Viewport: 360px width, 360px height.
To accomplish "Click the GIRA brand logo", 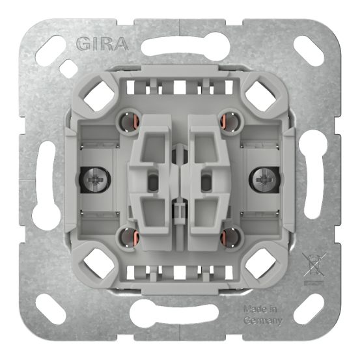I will click(x=102, y=44).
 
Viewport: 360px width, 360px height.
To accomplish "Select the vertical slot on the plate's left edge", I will click(x=46, y=180).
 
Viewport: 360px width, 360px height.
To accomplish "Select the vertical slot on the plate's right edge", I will click(x=313, y=180).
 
